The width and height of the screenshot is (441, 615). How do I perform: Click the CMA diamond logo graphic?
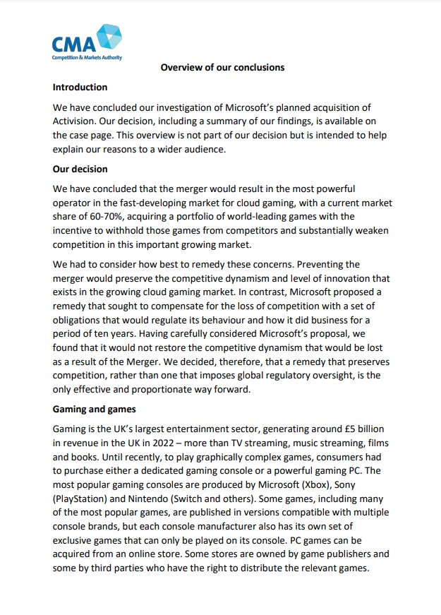108,37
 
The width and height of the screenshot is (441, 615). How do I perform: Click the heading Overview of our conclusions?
222,68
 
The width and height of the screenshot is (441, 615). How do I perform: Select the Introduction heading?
80,88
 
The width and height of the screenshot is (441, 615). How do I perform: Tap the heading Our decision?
80,169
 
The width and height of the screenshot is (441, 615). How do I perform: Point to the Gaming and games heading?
95,409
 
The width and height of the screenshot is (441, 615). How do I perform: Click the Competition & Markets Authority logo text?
87,57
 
